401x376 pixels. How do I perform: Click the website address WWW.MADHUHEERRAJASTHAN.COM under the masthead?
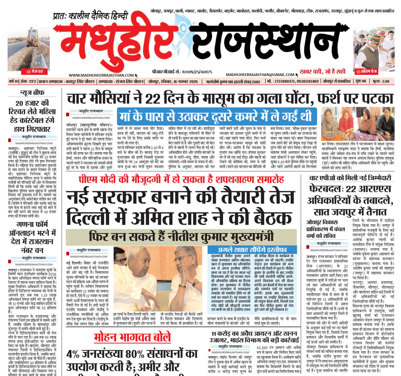tap(101, 75)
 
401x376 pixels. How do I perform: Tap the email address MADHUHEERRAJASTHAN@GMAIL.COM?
tap(260, 75)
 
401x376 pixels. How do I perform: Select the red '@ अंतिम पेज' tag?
tap(366, 72)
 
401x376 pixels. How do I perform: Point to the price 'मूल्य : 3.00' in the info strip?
tap(381, 82)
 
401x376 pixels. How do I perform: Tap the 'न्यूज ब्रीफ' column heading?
tap(32, 93)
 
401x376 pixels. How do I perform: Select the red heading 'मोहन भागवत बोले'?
tap(132, 338)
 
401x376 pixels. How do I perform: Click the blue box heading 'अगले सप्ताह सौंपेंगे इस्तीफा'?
tap(252, 250)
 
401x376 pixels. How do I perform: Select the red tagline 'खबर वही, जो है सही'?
tap(322, 72)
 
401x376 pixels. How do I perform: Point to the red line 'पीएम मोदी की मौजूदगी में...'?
tap(181, 180)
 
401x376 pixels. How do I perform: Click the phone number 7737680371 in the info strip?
tap(284, 82)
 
